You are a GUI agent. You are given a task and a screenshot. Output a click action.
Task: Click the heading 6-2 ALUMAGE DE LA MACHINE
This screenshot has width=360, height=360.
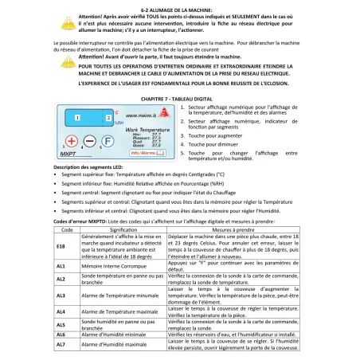179,5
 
